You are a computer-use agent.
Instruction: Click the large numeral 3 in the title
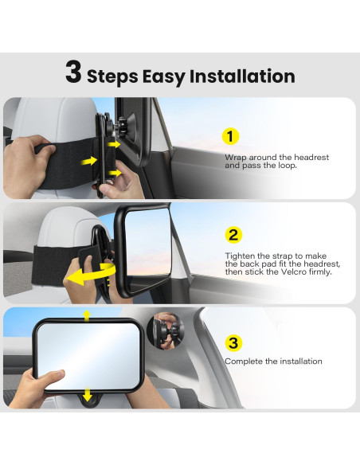coord(73,72)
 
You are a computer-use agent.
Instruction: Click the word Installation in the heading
coord(242,76)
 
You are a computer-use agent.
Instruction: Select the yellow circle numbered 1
coord(230,136)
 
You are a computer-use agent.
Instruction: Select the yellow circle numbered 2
coord(233,235)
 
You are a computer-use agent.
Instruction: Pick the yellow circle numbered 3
coord(233,343)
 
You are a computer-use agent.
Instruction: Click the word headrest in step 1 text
coord(311,157)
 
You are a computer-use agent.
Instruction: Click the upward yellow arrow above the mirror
coord(87,316)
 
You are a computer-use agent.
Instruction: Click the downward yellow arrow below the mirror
coord(87,394)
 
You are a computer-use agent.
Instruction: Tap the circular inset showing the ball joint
coord(166,331)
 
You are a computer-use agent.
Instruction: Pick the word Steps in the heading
coord(112,77)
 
